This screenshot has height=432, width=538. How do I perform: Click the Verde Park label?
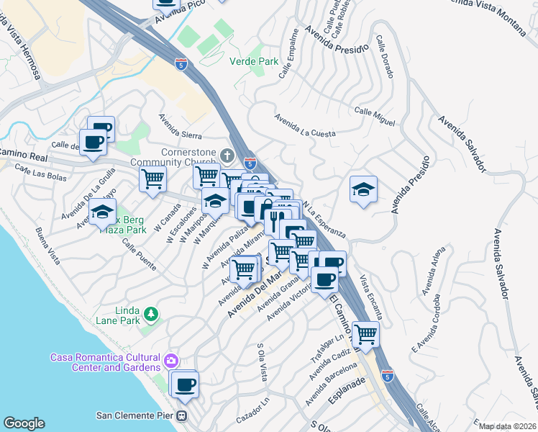pos(254,61)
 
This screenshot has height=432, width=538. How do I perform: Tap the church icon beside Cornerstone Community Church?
pos(227,156)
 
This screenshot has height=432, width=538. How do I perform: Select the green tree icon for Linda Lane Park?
pos(150,314)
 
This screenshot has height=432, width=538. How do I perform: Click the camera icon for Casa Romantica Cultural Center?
pos(171,359)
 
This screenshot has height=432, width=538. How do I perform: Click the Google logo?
pos(24,423)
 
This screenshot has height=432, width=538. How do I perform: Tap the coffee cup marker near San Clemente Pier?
pos(186,384)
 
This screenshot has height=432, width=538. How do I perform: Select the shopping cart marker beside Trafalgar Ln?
pos(366,334)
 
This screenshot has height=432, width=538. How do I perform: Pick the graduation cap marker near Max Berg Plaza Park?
pos(103,212)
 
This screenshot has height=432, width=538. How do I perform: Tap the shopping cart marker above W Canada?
pos(152,178)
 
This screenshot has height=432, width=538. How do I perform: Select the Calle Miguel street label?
pos(375,115)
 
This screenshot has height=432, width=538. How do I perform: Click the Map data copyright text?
pos(507,426)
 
